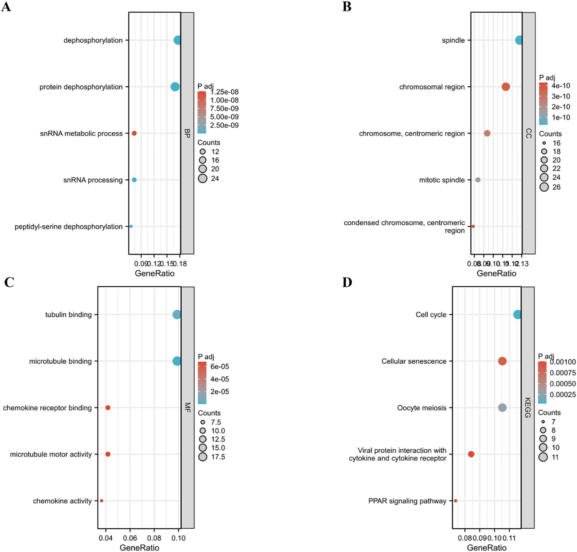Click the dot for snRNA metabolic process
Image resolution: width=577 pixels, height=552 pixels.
pyautogui.click(x=134, y=133)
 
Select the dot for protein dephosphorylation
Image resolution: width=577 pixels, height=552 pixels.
pyautogui.click(x=175, y=87)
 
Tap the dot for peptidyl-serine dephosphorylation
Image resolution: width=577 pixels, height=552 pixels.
pyautogui.click(x=131, y=226)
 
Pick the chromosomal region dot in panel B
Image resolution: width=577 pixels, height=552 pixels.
pyautogui.click(x=506, y=87)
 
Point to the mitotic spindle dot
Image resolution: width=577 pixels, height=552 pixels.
pyautogui.click(x=478, y=180)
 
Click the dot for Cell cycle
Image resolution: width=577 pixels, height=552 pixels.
pyautogui.click(x=517, y=315)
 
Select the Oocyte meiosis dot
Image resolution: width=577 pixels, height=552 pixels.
pyautogui.click(x=502, y=408)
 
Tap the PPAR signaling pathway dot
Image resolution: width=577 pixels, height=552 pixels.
pyautogui.click(x=456, y=501)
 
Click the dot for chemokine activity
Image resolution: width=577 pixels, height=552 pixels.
pyautogui.click(x=102, y=501)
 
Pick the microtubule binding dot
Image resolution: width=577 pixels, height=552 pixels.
pyautogui.click(x=177, y=361)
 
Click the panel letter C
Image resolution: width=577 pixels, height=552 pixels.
pyautogui.click(x=9, y=282)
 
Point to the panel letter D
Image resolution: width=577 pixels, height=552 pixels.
pyautogui.click(x=347, y=282)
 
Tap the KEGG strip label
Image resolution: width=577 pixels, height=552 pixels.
pyautogui.click(x=527, y=407)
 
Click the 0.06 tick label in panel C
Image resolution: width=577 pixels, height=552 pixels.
pyautogui.click(x=130, y=538)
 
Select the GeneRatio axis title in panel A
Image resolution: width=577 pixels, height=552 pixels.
pyautogui.click(x=155, y=273)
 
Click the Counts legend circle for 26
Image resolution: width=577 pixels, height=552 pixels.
pyautogui.click(x=544, y=187)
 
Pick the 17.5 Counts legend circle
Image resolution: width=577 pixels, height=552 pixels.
pyautogui.click(x=203, y=457)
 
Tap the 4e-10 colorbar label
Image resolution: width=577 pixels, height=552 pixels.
pyautogui.click(x=561, y=86)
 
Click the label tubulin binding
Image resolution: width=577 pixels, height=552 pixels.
pyautogui.click(x=68, y=315)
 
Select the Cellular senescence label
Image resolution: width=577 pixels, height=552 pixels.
pyautogui.click(x=414, y=361)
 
